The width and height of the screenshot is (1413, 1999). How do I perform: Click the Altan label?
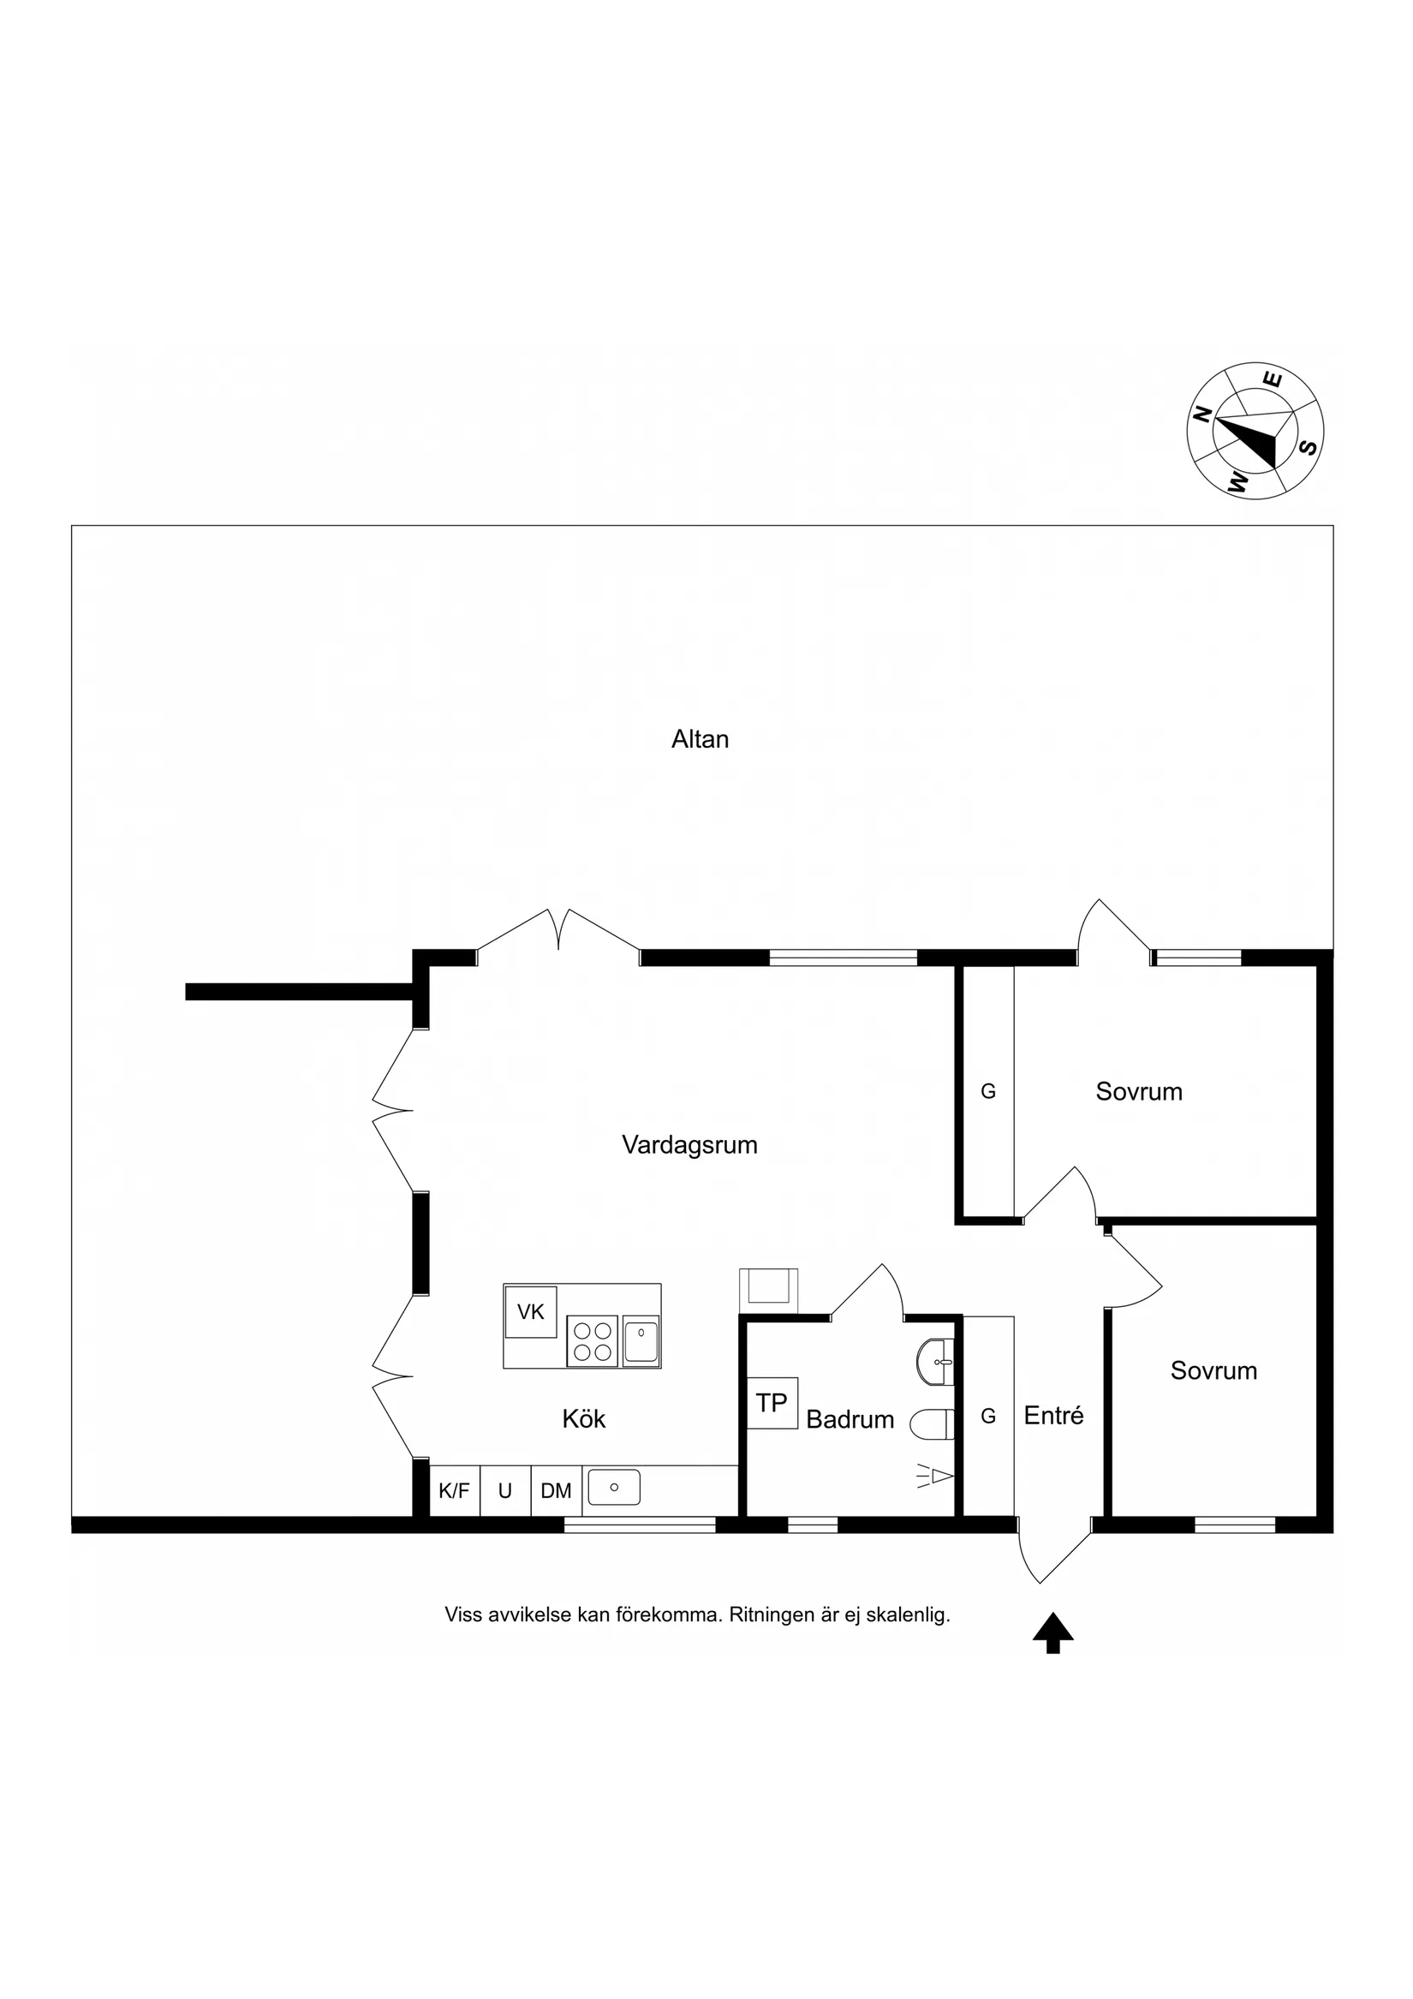tap(700, 739)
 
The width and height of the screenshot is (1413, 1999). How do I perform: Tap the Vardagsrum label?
tap(689, 1145)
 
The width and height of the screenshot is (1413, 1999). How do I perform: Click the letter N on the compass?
tap(1203, 415)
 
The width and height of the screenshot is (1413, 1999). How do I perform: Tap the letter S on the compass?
tap(1308, 448)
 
